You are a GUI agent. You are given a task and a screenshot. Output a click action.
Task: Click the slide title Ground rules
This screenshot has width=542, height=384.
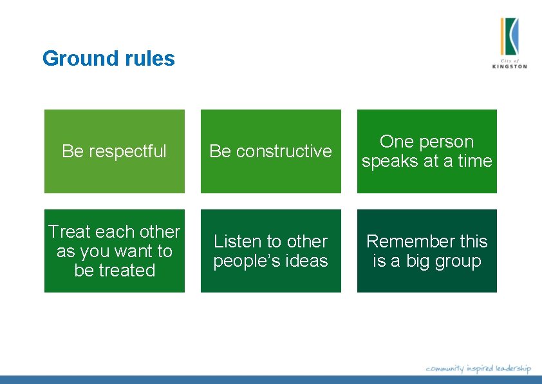tap(108, 59)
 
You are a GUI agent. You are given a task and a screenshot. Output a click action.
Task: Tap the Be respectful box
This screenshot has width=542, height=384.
tap(114, 151)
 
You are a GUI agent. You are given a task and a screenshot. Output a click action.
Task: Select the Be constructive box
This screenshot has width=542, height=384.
tap(270, 151)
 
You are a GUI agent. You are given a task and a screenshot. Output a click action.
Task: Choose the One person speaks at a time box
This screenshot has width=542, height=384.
tap(427, 151)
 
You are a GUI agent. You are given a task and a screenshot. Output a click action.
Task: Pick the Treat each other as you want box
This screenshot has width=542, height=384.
tap(114, 251)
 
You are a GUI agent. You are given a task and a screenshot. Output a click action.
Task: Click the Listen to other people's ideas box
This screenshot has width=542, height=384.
tap(270, 251)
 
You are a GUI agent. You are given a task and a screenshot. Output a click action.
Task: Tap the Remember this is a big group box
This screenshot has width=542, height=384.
tap(427, 251)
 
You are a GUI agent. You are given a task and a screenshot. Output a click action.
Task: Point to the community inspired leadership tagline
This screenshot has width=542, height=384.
tap(478, 369)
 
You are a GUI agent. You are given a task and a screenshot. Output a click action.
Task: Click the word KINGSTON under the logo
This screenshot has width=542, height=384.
tap(509, 66)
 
